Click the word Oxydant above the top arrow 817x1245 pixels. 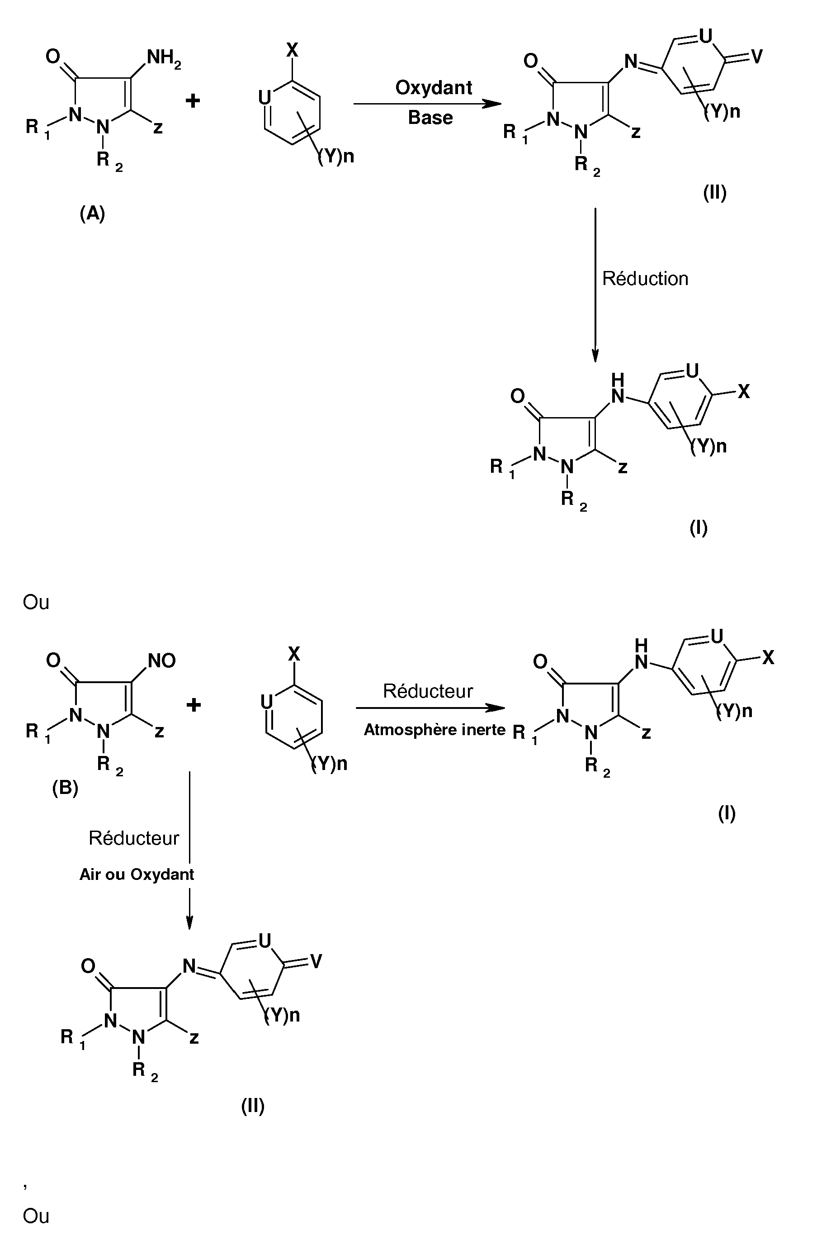(x=434, y=88)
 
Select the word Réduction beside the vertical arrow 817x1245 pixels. (x=645, y=278)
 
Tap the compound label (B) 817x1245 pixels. (x=66, y=787)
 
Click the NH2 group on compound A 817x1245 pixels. (x=164, y=57)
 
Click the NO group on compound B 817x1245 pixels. (x=162, y=661)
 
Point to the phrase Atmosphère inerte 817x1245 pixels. (x=434, y=730)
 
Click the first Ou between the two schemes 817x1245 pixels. (x=36, y=602)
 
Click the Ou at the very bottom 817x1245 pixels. (x=36, y=1216)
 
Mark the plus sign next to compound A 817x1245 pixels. (x=193, y=100)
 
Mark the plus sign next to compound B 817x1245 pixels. (x=194, y=705)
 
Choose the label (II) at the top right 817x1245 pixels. (x=714, y=193)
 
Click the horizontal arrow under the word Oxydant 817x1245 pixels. (x=428, y=104)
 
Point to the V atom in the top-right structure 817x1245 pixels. (x=756, y=56)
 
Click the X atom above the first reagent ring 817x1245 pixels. (x=292, y=50)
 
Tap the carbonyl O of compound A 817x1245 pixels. (x=53, y=56)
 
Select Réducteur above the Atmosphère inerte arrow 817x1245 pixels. (x=428, y=691)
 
